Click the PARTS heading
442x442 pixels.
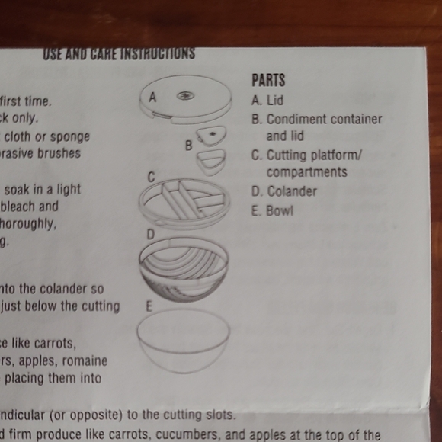pyautogui.click(x=268, y=80)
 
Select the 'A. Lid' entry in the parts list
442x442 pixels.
pyautogui.click(x=267, y=100)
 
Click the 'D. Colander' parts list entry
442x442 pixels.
pyautogui.click(x=283, y=191)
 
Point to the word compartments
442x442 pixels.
pyautogui.click(x=306, y=172)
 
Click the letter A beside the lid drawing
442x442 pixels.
pyautogui.click(x=152, y=98)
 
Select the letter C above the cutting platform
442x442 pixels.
pyautogui.click(x=151, y=177)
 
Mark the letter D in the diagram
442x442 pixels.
pyautogui.click(x=151, y=234)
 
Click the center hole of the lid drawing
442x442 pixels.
pyautogui.click(x=186, y=96)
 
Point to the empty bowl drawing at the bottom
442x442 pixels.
pyautogui.click(x=183, y=339)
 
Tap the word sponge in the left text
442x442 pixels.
pyautogui.click(x=71, y=137)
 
